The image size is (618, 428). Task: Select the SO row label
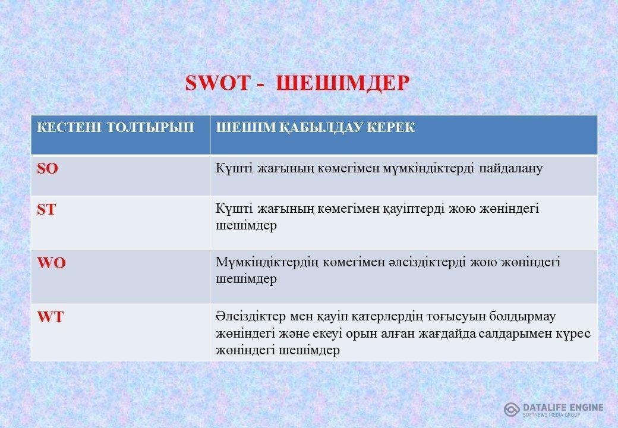48,169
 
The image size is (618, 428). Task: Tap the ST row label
46,210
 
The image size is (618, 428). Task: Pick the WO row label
52,264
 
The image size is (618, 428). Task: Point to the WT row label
51,317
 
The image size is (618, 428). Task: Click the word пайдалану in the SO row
510,168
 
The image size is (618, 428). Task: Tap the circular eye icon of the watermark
512,409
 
